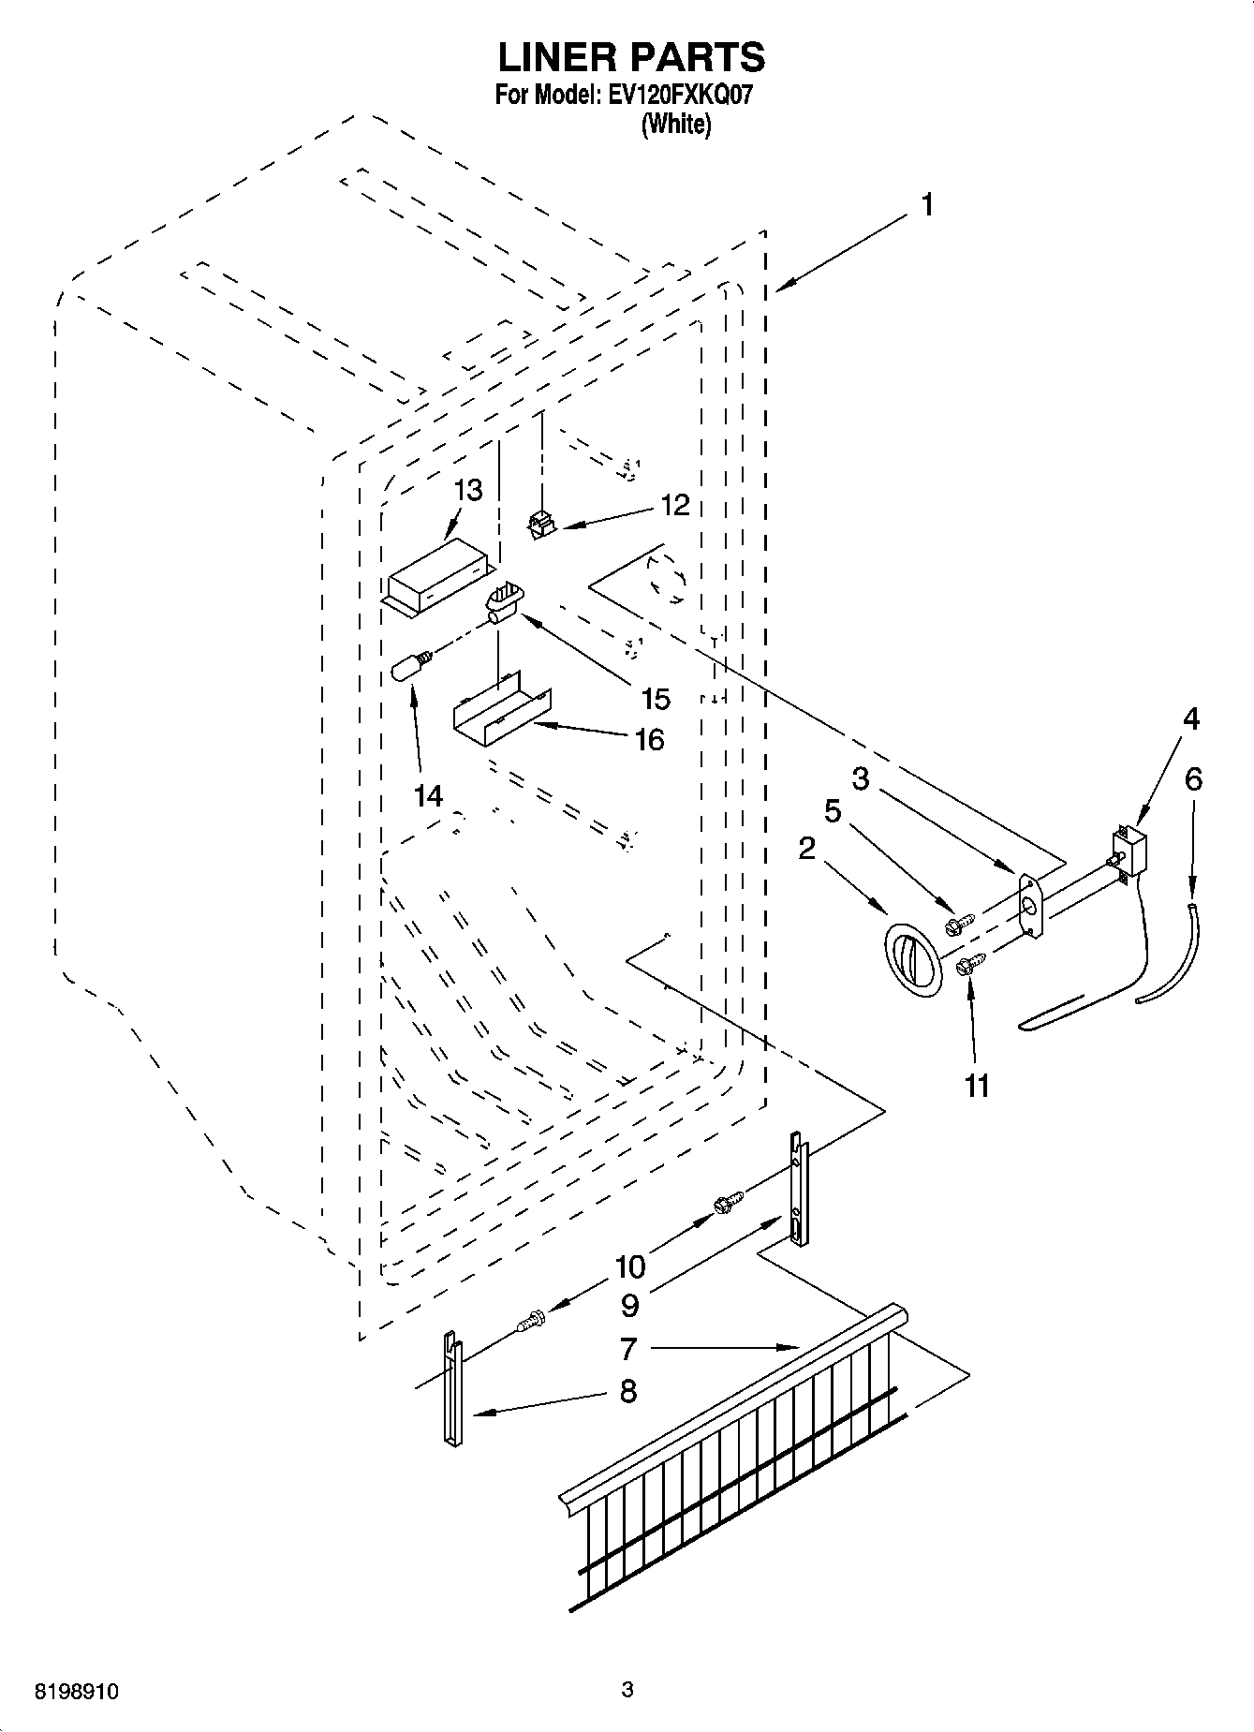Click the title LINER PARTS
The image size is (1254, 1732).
tap(630, 57)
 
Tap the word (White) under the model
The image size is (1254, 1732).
tap(675, 124)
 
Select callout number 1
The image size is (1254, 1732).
tap(925, 205)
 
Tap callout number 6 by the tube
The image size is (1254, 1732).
tap(1192, 779)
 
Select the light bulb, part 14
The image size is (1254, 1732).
tap(411, 666)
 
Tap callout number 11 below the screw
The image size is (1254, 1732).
tap(976, 1086)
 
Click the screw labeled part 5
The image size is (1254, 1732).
tap(960, 924)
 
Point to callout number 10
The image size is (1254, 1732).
tap(630, 1266)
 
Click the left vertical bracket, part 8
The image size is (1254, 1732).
tap(451, 1389)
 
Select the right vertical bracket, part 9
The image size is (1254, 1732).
tap(797, 1191)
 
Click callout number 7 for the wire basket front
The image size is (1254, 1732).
tap(628, 1349)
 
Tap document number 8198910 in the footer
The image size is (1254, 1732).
tap(76, 1691)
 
